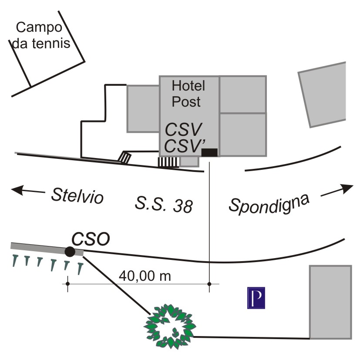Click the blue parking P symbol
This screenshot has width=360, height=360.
256,298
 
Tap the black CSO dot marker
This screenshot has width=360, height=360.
69,251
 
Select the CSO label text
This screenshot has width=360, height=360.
91,239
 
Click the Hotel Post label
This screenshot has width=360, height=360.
188,93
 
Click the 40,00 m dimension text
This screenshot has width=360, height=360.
145,276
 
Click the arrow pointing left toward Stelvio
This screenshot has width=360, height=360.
27,190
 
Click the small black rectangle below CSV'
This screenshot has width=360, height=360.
209,152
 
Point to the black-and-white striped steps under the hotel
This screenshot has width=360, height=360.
168,162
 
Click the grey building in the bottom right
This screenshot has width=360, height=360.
330,301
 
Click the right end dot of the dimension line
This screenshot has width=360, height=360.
209,284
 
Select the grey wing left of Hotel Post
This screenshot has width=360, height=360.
143,108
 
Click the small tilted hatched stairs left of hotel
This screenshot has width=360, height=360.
124,157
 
